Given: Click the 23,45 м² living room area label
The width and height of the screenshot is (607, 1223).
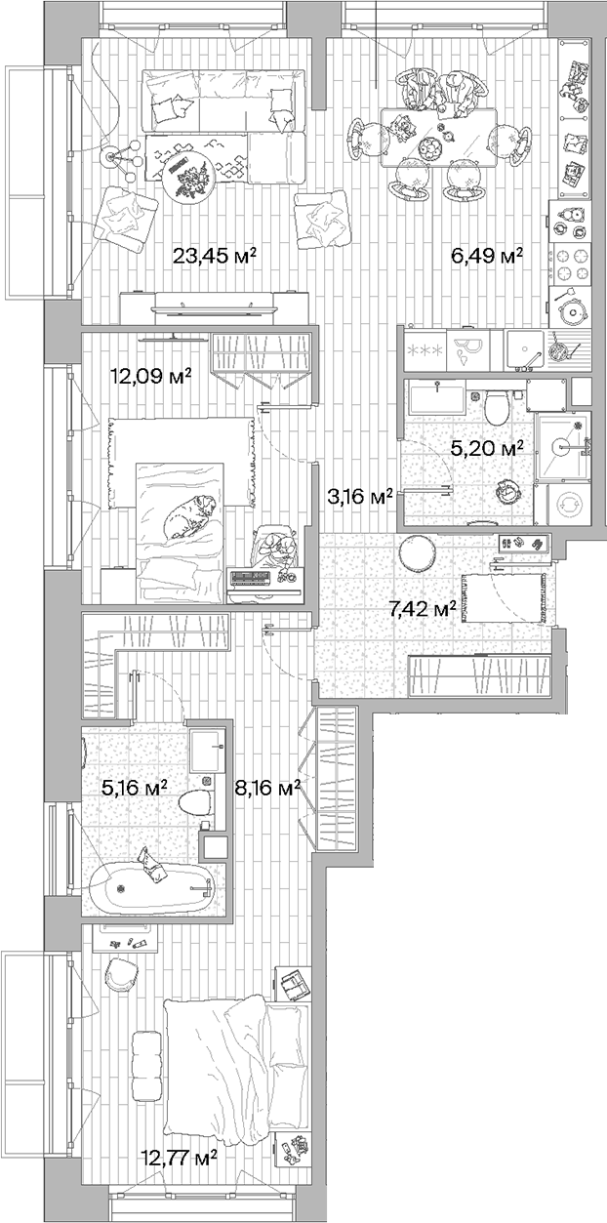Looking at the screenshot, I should [x=215, y=257].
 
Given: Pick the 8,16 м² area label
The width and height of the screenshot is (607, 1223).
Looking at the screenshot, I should [x=267, y=788].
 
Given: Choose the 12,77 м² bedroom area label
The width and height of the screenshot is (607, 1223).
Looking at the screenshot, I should [x=178, y=1158].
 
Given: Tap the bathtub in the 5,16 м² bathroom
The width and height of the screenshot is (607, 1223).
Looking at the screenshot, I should [x=151, y=886].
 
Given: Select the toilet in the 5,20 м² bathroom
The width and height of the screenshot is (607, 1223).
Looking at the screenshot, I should [x=495, y=406].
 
